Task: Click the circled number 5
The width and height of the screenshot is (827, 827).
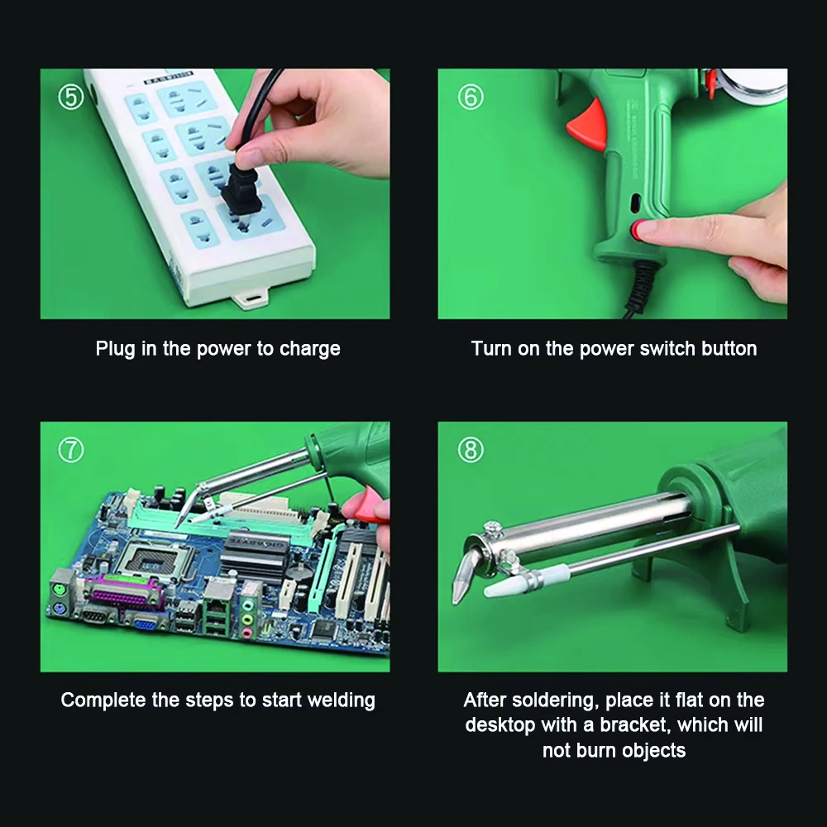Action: tap(70, 97)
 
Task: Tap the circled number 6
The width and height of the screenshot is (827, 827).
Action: tap(471, 97)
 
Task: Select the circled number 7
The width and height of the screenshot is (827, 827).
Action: tap(70, 450)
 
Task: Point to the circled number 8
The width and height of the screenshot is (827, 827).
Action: tap(471, 450)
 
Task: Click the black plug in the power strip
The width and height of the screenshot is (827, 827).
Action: tap(241, 190)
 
